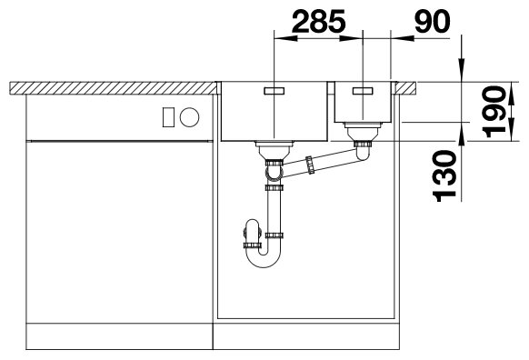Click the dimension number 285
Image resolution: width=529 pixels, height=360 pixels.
click(318, 21)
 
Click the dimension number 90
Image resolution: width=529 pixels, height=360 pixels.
click(432, 21)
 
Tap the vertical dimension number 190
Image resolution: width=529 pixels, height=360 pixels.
click(494, 112)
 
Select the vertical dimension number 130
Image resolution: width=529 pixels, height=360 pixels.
click(444, 175)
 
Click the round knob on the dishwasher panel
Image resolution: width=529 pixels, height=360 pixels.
click(190, 117)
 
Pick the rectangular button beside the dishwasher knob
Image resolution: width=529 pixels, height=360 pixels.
click(168, 117)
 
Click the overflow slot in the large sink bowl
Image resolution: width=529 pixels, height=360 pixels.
click(274, 91)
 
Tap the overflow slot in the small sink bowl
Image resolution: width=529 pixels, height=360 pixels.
click(363, 91)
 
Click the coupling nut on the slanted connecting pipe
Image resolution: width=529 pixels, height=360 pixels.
click(310, 165)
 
